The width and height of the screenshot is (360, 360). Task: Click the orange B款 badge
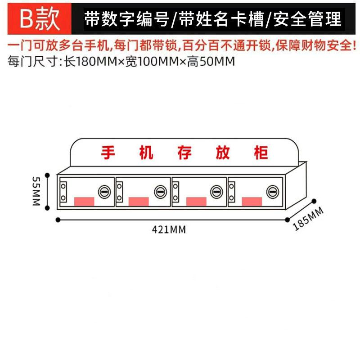[x=40, y=19]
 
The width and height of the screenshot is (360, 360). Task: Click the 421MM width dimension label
[x=169, y=229]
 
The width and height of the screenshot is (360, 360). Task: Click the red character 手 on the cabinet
[x=108, y=153]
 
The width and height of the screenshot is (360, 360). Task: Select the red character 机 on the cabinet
[x=146, y=153]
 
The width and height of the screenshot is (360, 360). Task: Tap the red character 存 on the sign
[x=184, y=153]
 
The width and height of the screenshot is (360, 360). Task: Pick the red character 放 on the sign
[x=223, y=153]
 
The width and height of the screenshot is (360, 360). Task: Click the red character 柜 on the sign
[x=261, y=153]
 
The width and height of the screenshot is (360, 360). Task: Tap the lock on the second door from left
[x=160, y=192]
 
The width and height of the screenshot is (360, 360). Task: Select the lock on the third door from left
[x=216, y=192]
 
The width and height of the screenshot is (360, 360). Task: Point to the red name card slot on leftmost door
[x=84, y=201]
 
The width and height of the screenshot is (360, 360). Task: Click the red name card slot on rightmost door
[x=253, y=201]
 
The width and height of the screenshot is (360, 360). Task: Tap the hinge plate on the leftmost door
[x=63, y=191]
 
